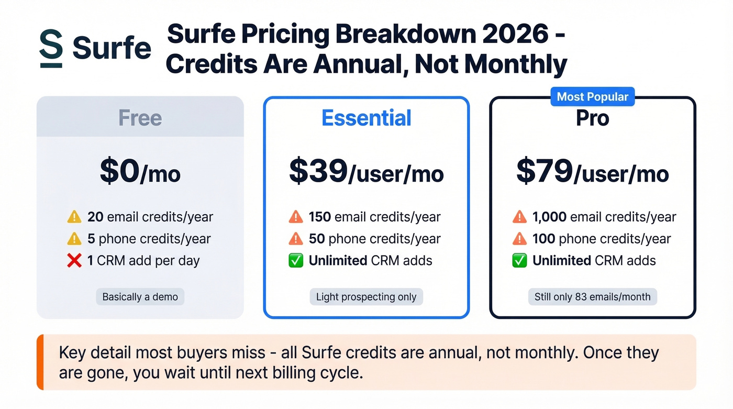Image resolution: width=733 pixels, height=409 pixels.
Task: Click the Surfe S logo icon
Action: click(x=51, y=49)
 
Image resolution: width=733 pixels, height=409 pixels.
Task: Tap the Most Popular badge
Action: click(x=592, y=97)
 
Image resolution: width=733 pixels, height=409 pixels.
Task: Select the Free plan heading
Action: click(x=140, y=117)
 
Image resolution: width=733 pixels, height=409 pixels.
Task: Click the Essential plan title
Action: click(x=366, y=118)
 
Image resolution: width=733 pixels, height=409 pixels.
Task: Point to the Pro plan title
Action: click(x=592, y=118)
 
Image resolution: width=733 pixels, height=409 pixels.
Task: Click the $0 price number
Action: click(x=120, y=172)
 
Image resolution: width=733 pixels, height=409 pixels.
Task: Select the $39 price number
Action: click(x=318, y=172)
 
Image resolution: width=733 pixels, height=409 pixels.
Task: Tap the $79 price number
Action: click(x=545, y=172)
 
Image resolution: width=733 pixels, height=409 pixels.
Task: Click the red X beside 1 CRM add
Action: click(x=74, y=260)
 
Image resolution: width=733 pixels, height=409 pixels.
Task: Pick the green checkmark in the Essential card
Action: click(x=296, y=261)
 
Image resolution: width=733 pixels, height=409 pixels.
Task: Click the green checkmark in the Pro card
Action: click(x=519, y=261)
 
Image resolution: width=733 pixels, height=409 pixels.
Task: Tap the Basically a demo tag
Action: click(x=140, y=297)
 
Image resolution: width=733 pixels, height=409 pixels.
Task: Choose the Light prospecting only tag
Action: click(x=366, y=297)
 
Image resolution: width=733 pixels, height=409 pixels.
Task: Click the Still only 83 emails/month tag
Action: click(x=592, y=297)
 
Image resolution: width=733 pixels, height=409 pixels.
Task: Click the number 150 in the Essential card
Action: click(x=319, y=217)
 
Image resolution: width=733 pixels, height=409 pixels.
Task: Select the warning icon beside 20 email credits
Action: click(x=74, y=216)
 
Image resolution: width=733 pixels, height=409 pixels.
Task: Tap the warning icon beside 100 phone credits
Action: click(x=519, y=239)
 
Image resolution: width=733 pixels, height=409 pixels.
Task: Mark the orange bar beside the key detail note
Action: click(x=40, y=362)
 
